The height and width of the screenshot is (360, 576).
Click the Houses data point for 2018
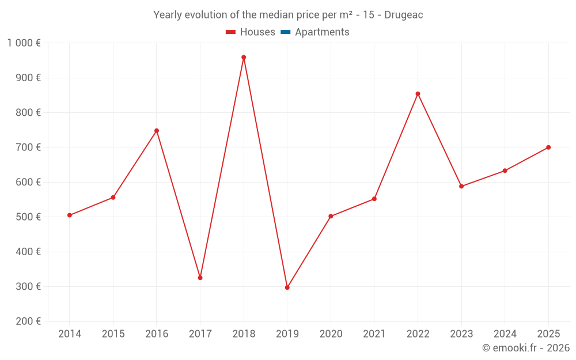coord(244,57)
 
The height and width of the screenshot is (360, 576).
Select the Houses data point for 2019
coord(287,287)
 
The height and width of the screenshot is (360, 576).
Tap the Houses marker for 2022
coord(418,94)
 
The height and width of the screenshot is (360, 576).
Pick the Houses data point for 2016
coord(157,131)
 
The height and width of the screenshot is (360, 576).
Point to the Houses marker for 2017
coord(200,278)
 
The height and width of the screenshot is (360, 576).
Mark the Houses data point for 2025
coord(548,147)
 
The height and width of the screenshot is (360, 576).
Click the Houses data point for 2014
coord(70,215)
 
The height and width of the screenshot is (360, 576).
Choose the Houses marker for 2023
coord(461,186)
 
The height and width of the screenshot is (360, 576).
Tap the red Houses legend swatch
coord(231,32)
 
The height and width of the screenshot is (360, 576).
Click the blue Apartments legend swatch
coord(286,32)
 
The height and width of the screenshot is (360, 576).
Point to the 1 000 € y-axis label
coord(24,43)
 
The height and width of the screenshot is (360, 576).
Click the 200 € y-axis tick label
coord(28,321)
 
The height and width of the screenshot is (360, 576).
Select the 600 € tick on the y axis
coord(28,182)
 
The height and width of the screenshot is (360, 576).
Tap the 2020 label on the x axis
coord(331,334)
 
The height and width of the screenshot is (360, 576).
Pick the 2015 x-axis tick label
coord(113,334)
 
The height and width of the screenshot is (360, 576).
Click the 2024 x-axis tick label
coord(505,334)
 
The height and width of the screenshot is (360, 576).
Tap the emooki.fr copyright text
coord(525,348)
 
